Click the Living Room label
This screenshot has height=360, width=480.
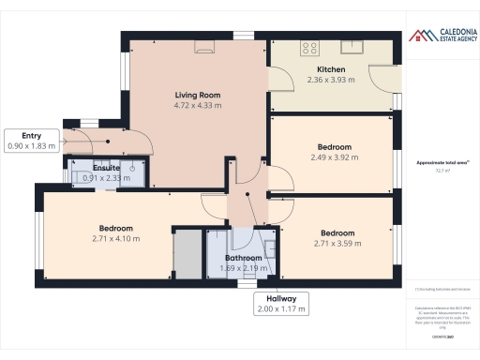198,95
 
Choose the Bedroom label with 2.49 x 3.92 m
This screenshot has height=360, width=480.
334,146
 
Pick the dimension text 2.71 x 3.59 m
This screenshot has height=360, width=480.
337,243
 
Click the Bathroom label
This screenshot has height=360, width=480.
243,257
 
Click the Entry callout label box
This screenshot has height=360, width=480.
32,141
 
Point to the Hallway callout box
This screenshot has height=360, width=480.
281,303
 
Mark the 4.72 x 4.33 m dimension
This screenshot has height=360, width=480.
198,106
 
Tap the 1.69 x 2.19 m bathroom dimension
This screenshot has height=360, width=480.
243,268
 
